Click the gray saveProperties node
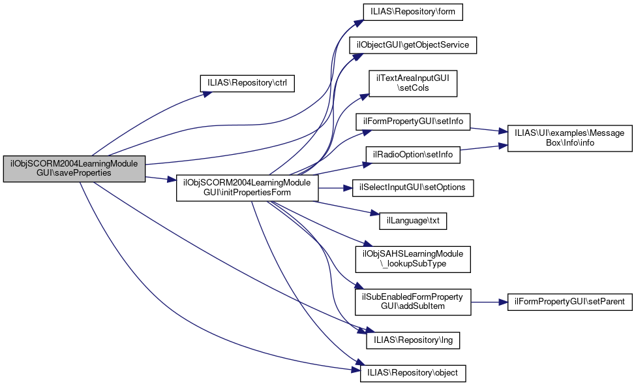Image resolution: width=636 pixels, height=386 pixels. point(74,169)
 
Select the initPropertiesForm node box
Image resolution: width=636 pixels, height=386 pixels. point(247,187)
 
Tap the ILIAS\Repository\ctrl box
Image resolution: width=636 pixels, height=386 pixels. point(247,84)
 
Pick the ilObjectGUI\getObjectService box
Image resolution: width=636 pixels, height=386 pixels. point(413,45)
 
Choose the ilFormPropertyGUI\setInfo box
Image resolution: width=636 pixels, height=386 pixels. point(413,121)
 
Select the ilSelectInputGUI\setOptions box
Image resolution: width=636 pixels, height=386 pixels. point(413,188)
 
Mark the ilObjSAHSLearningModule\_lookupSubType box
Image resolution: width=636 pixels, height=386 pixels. point(413,259)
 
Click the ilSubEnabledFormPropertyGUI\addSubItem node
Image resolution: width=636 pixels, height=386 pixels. point(413,302)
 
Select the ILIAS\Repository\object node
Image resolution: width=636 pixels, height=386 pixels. point(413,374)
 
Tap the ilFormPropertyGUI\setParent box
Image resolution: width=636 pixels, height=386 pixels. point(569,302)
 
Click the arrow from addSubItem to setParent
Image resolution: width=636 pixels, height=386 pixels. point(489,302)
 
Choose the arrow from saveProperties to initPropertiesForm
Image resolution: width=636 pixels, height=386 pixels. point(160,178)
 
